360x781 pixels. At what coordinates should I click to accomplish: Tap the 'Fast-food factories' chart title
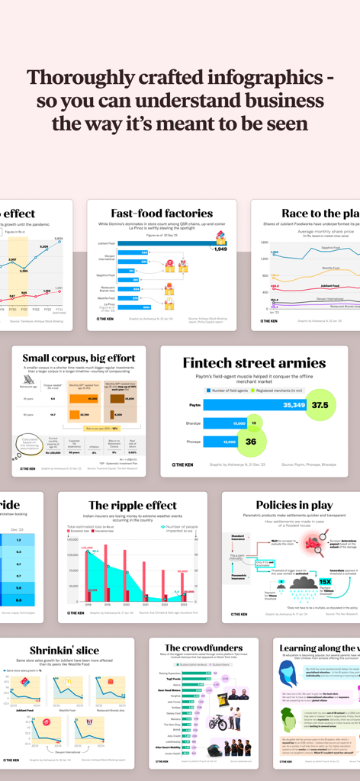click(162, 214)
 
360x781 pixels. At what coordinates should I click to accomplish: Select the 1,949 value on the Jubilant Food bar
click(220, 249)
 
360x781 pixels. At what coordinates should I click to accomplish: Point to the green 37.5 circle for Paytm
click(320, 405)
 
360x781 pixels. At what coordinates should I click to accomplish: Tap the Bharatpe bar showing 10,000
click(225, 423)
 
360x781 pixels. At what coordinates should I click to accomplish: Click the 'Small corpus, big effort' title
click(79, 358)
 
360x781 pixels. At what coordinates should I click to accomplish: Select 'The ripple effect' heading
click(132, 505)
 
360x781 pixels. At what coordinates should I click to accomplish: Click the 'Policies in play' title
click(294, 505)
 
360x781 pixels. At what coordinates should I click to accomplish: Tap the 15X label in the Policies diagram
click(324, 580)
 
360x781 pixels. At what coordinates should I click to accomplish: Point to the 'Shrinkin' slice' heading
click(64, 651)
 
